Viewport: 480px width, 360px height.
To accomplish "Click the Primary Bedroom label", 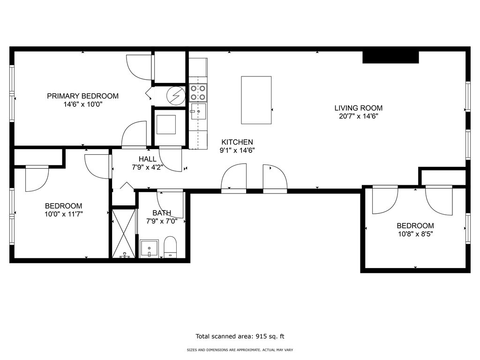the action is pos(82,96).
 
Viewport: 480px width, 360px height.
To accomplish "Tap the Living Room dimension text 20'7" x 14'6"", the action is pos(359,116).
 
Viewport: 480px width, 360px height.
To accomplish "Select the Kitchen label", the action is pos(237,142).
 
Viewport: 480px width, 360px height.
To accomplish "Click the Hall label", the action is pos(148,159).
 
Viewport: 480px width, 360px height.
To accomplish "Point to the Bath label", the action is pos(162,213).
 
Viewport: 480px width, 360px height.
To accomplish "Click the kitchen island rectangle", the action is pos(256,100).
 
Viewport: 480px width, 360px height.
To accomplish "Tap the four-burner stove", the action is pos(198,93).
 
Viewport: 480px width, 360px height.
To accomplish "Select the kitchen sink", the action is pos(198,111).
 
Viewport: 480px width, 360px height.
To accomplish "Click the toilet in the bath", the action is pos(171,247).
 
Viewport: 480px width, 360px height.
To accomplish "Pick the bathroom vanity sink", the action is pos(149,248).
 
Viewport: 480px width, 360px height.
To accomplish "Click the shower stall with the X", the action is pos(123,233).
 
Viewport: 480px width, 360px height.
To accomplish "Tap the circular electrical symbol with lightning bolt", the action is pos(176,96).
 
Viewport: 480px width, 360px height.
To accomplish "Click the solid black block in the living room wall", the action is pos(390,57).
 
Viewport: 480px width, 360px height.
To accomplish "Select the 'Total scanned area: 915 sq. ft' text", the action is pos(240,337).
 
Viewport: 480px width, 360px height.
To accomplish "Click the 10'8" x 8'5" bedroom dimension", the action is pos(415,234).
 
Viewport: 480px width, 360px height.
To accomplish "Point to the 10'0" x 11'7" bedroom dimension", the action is pos(64,214).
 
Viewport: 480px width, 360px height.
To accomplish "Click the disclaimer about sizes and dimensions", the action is pos(240,350).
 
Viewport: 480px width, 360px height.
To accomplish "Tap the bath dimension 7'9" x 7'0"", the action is pos(162,221).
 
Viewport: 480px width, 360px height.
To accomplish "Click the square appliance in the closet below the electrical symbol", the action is pos(166,125).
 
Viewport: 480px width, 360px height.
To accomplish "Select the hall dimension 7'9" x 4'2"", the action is pos(147,167).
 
